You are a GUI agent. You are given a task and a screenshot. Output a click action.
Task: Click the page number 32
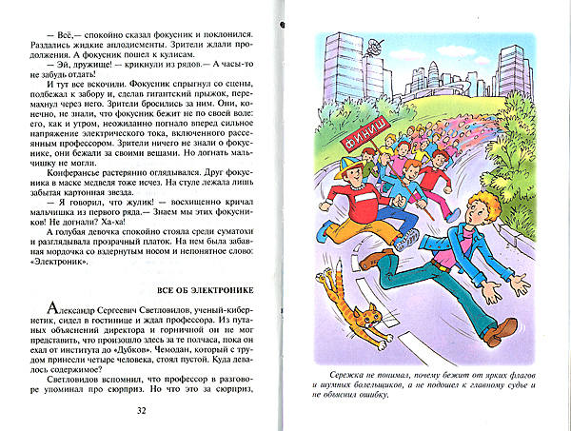[140, 411]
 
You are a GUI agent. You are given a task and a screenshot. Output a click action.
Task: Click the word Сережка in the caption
[342, 373]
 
